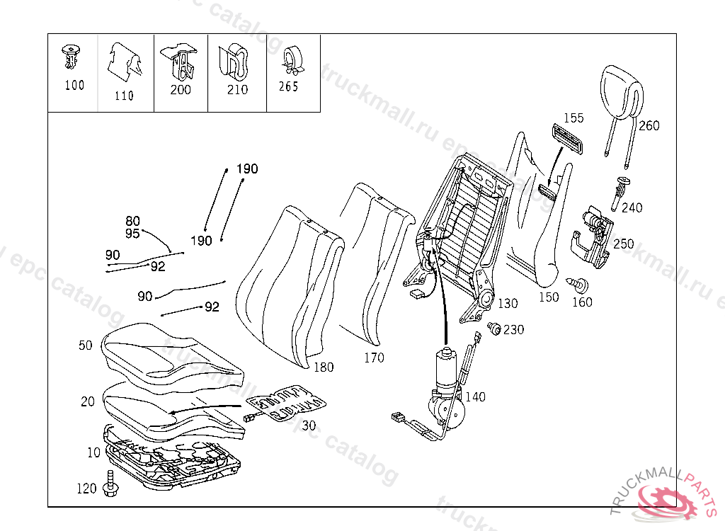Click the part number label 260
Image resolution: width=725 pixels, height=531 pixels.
pyautogui.click(x=649, y=126)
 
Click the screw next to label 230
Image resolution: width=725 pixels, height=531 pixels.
pyautogui.click(x=495, y=328)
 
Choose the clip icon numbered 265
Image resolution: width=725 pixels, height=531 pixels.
pyautogui.click(x=290, y=61)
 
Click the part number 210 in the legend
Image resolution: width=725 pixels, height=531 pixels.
pyautogui.click(x=238, y=90)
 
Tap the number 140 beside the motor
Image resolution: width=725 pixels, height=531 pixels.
pyautogui.click(x=475, y=397)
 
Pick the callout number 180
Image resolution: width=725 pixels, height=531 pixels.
pyautogui.click(x=324, y=367)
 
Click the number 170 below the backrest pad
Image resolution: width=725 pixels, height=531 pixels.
pyautogui.click(x=374, y=358)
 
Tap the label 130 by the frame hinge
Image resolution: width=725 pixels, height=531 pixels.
pyautogui.click(x=507, y=304)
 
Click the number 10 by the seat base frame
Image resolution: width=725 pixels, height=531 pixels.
pyautogui.click(x=94, y=452)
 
